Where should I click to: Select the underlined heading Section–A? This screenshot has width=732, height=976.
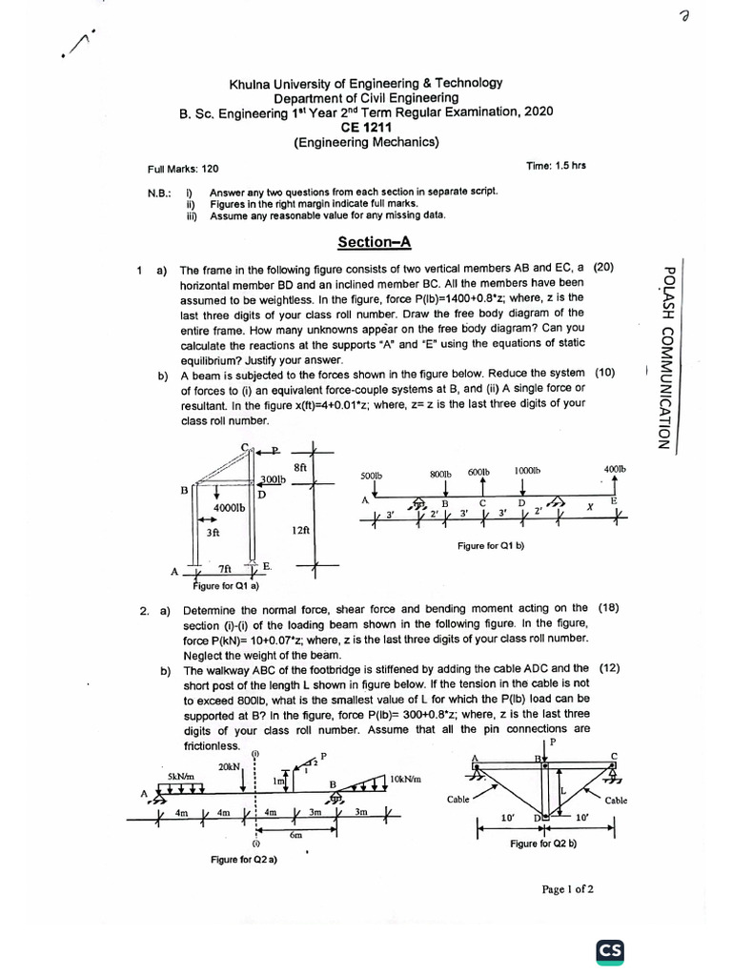[367, 241]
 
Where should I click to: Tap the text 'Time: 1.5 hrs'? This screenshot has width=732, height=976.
[556, 165]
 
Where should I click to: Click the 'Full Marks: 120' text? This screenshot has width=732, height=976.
[183, 169]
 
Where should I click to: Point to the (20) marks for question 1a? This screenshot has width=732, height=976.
[605, 268]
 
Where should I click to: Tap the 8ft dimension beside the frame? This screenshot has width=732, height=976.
[300, 467]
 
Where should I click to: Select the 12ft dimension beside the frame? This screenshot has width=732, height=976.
[299, 531]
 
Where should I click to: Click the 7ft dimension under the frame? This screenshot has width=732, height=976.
[225, 569]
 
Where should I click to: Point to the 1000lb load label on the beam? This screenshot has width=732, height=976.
[527, 471]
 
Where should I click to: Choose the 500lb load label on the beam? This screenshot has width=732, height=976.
[370, 475]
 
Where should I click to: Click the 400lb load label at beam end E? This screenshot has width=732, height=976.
[616, 469]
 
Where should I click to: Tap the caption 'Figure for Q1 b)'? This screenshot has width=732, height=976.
[491, 546]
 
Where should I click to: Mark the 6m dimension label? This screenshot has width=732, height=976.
[296, 835]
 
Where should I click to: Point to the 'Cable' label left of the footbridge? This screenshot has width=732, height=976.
[458, 800]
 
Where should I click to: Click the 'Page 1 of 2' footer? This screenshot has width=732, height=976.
[567, 889]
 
